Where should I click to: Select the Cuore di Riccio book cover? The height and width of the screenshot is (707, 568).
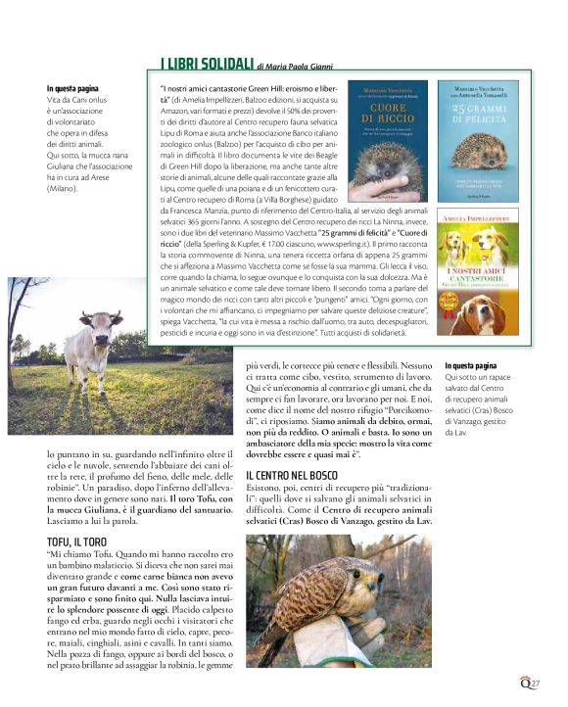pyautogui.click(x=389, y=134)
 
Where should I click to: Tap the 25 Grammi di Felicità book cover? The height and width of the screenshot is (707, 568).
pyautogui.click(x=478, y=134)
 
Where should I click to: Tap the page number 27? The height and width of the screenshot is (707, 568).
pyautogui.click(x=536, y=683)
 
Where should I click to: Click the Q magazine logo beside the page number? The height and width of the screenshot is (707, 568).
pyautogui.click(x=523, y=683)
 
